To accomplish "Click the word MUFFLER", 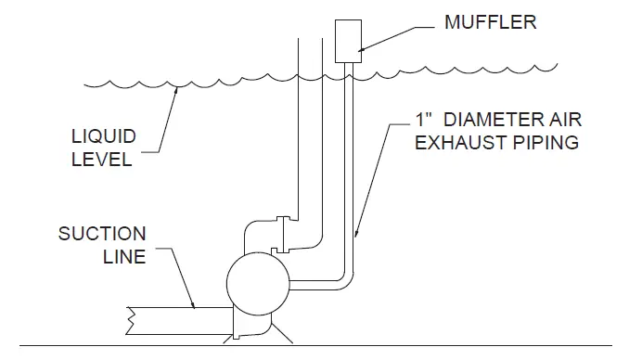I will pyautogui.click(x=490, y=22).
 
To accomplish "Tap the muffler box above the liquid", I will pyautogui.click(x=346, y=41).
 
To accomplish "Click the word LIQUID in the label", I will pyautogui.click(x=105, y=136).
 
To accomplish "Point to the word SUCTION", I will pyautogui.click(x=102, y=233).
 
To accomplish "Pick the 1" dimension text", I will pyautogui.click(x=424, y=122).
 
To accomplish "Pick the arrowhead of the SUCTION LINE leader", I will pyautogui.click(x=196, y=307).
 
